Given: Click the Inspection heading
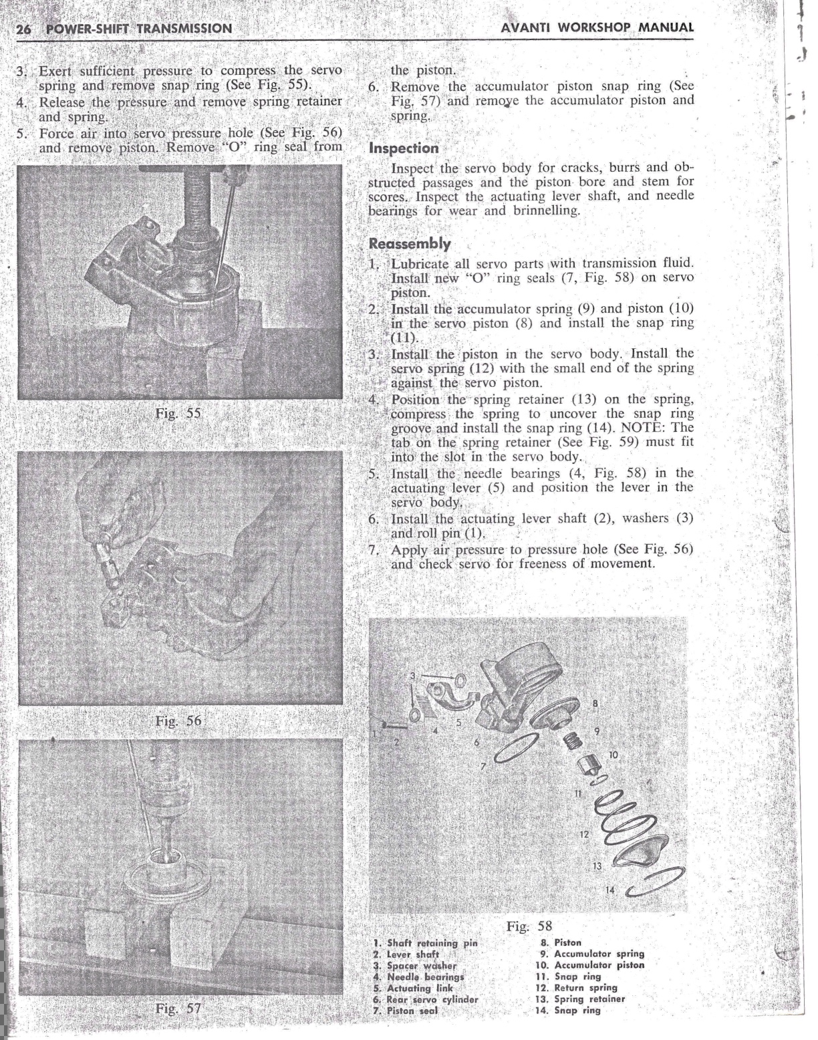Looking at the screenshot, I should [x=404, y=148].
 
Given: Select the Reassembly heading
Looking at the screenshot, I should [x=410, y=244].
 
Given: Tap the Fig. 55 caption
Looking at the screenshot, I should [x=178, y=413].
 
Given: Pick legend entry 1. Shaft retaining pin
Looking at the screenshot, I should [x=425, y=943].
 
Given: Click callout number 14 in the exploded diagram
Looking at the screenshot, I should [x=609, y=890].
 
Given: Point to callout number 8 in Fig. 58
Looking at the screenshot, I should [x=595, y=703].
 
